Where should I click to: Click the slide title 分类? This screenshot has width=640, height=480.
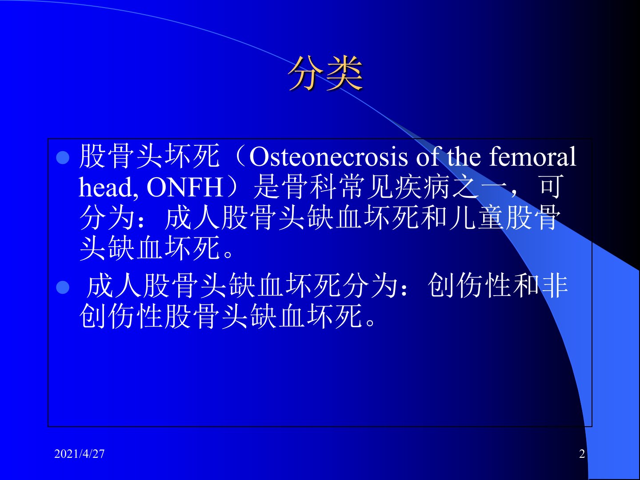click(325, 73)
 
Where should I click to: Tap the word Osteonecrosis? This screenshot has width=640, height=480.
click(328, 157)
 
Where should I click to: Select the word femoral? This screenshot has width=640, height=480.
click(532, 156)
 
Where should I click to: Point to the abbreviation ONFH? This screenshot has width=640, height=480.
click(185, 188)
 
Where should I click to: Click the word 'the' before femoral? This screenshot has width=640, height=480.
click(464, 156)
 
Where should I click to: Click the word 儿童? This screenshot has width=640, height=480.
click(477, 217)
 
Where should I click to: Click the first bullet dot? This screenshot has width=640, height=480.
click(63, 158)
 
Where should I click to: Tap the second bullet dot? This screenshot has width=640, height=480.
click(63, 288)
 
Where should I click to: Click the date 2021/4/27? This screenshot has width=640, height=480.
click(79, 454)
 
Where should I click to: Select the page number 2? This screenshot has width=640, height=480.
click(582, 454)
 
